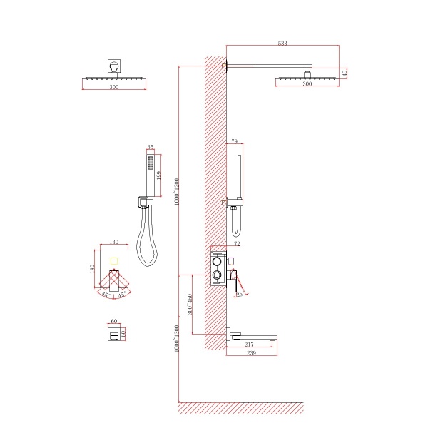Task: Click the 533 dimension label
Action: pyautogui.click(x=282, y=44)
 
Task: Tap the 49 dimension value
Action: pyautogui.click(x=345, y=73)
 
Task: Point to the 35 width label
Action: pyautogui.click(x=150, y=148)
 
